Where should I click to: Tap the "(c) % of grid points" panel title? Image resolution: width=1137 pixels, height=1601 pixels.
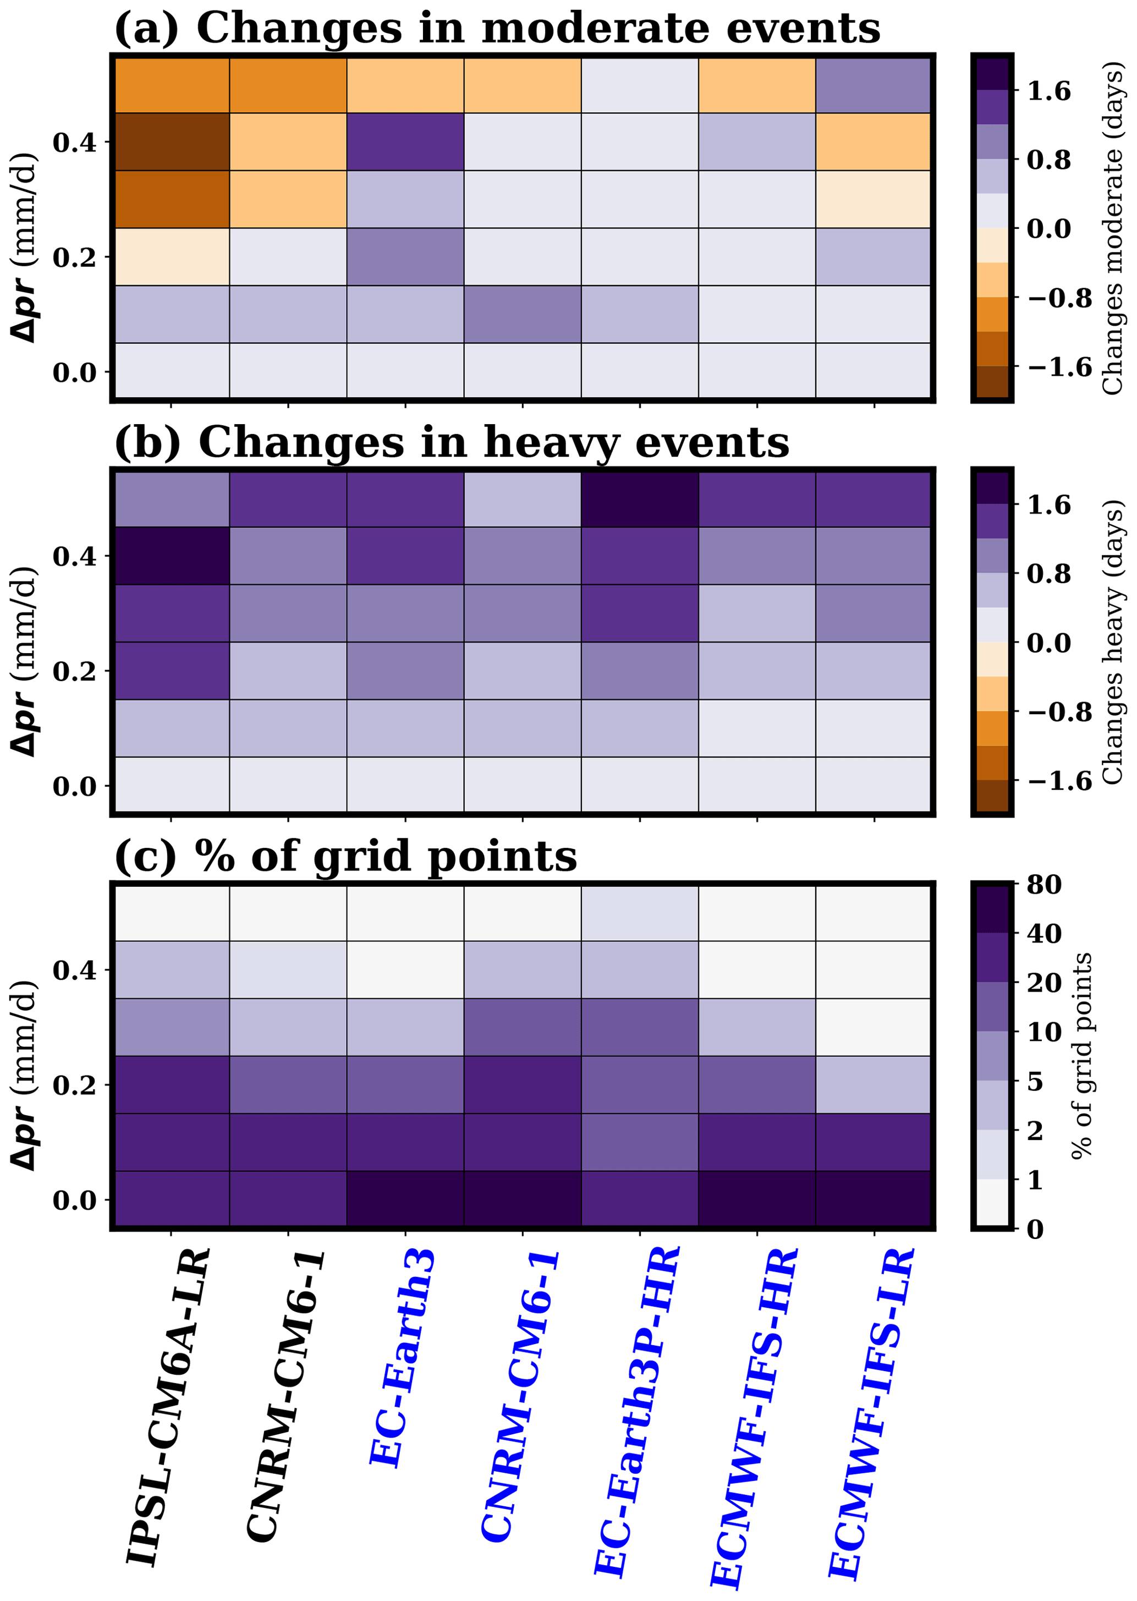point(345,856)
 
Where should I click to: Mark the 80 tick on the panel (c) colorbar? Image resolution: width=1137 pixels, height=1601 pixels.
point(1044,885)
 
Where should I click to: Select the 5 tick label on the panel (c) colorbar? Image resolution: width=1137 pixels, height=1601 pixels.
point(1035,1082)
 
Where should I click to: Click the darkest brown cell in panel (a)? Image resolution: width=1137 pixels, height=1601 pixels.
point(172,142)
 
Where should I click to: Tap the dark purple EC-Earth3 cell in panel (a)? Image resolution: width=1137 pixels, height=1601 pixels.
point(405,142)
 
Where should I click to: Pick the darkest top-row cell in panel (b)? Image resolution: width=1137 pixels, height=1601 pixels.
point(639,499)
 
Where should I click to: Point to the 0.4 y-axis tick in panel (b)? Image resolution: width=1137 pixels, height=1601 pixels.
point(74,557)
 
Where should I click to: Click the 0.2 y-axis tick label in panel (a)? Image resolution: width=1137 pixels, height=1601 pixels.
point(74,257)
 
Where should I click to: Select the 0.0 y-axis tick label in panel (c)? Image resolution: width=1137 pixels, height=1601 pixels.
point(74,1200)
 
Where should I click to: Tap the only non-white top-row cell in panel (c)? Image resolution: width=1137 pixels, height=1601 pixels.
point(639,913)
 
